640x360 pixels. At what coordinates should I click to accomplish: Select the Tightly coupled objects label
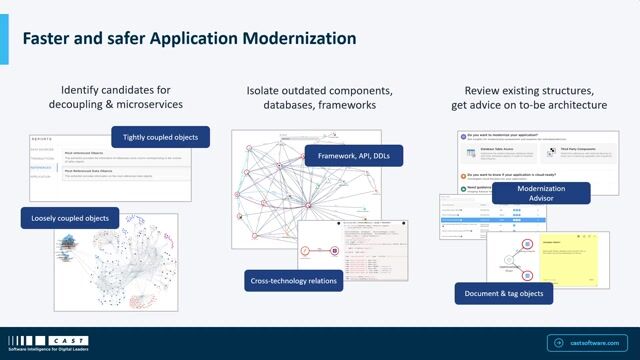160,137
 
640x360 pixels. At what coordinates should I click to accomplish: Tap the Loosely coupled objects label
70,217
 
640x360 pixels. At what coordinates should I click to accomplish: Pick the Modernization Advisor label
541,192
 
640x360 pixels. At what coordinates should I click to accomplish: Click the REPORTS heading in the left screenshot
45,140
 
